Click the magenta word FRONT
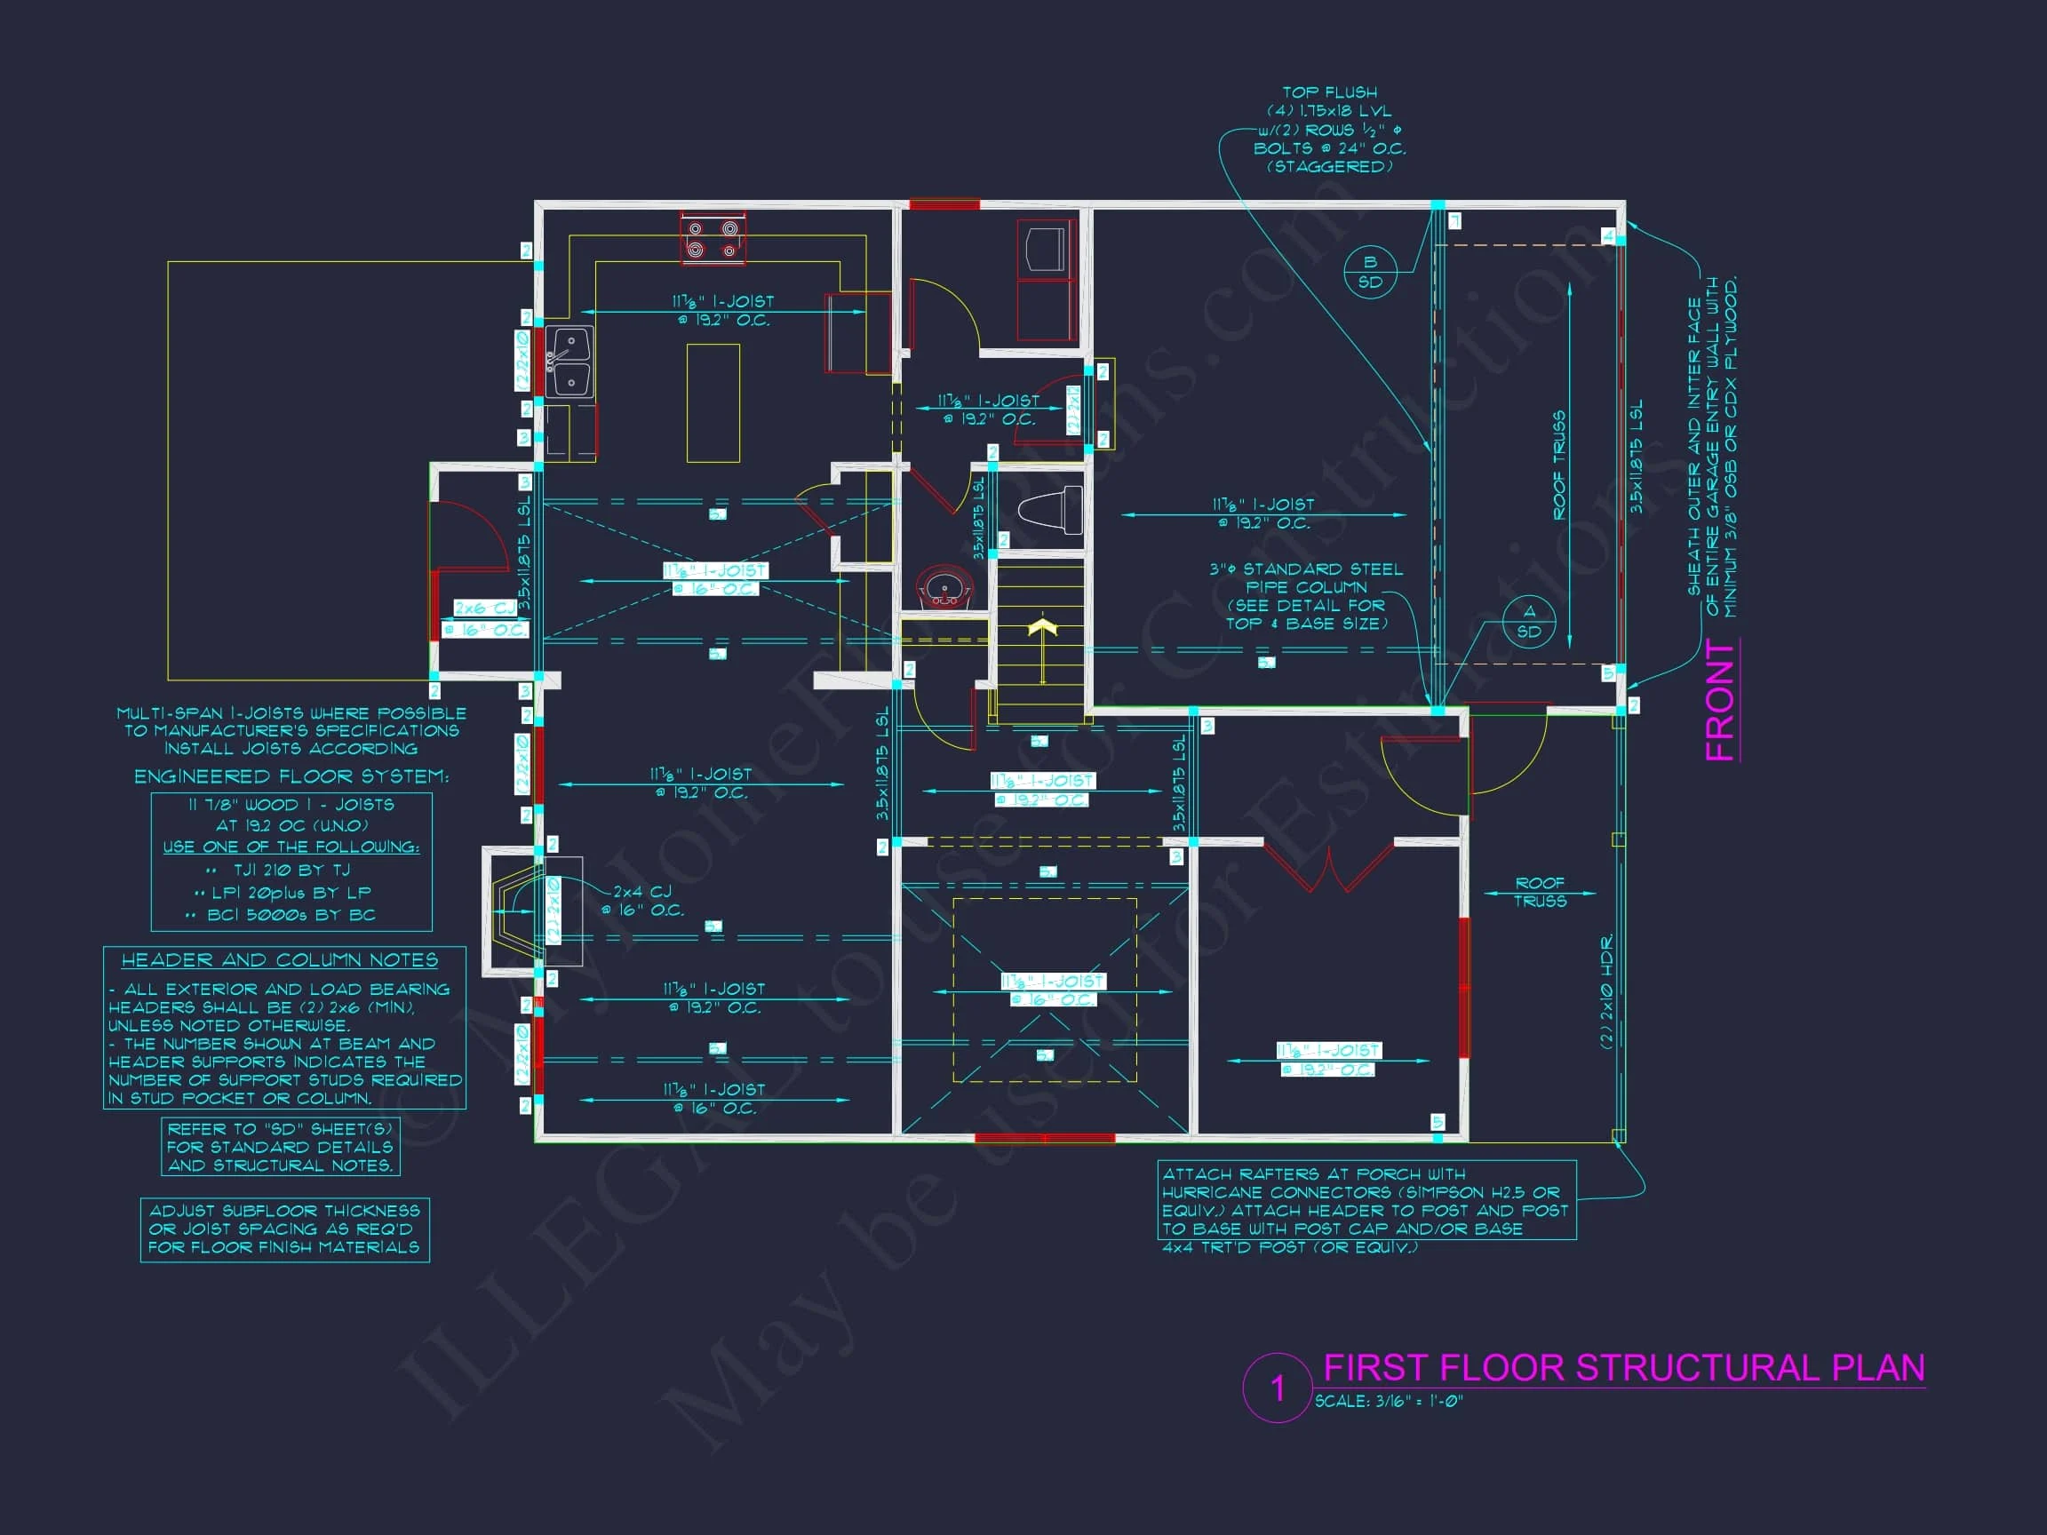1720,700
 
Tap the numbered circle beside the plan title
1277,1388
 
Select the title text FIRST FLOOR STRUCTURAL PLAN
1623,1367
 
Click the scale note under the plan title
1388,1402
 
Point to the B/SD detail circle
1370,272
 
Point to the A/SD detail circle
1529,622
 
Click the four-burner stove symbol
713,238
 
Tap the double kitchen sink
569,362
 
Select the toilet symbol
1050,509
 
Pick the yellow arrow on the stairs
1043,629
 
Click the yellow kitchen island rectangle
713,402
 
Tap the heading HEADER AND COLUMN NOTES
280,960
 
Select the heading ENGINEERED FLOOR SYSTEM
291,776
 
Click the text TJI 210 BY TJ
291,870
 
